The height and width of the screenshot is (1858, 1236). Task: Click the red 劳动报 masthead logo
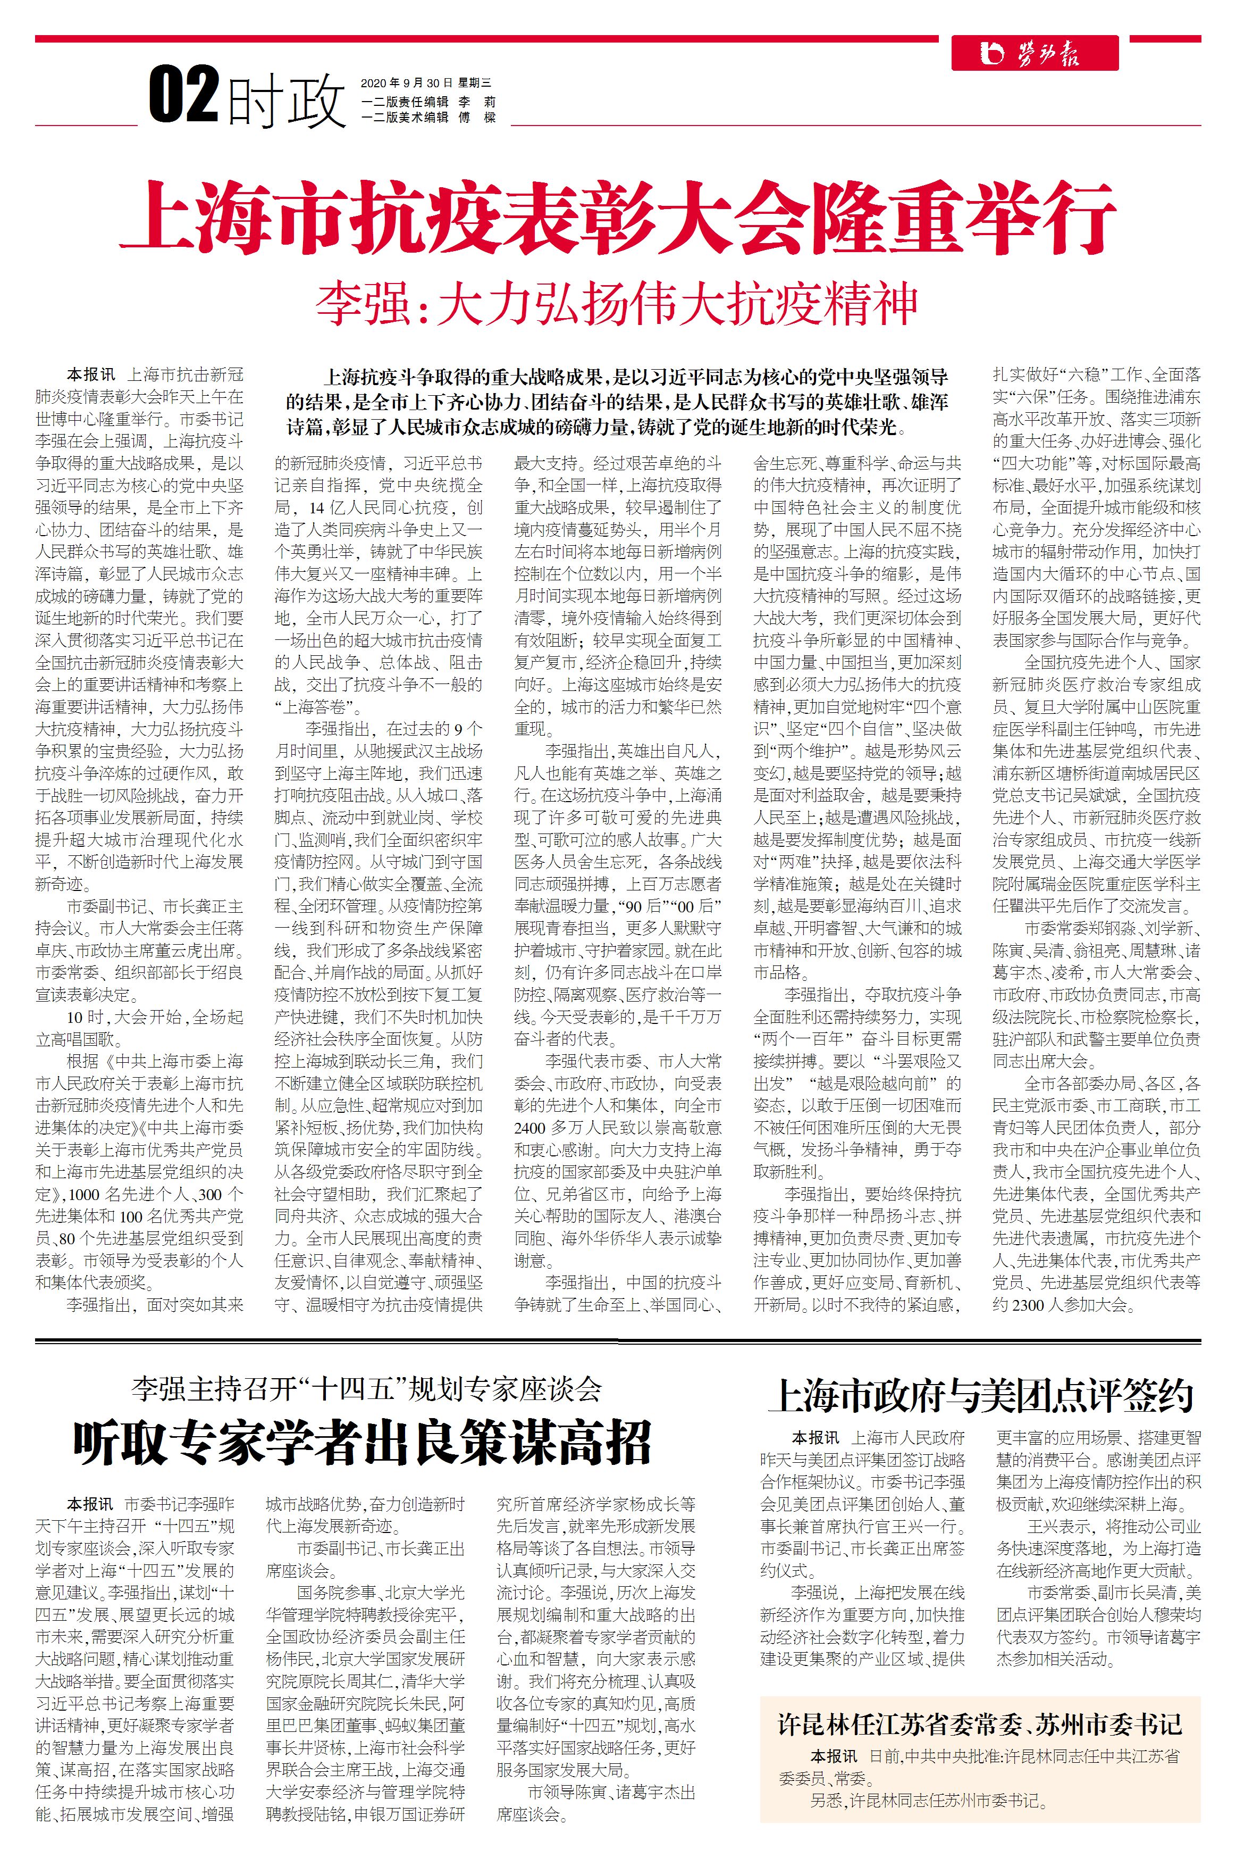(1033, 54)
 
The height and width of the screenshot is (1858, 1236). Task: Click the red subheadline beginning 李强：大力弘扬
(617, 304)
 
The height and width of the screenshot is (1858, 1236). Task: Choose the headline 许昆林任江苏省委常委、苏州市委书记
(980, 1724)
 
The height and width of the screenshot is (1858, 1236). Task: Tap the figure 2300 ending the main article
(1027, 1305)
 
